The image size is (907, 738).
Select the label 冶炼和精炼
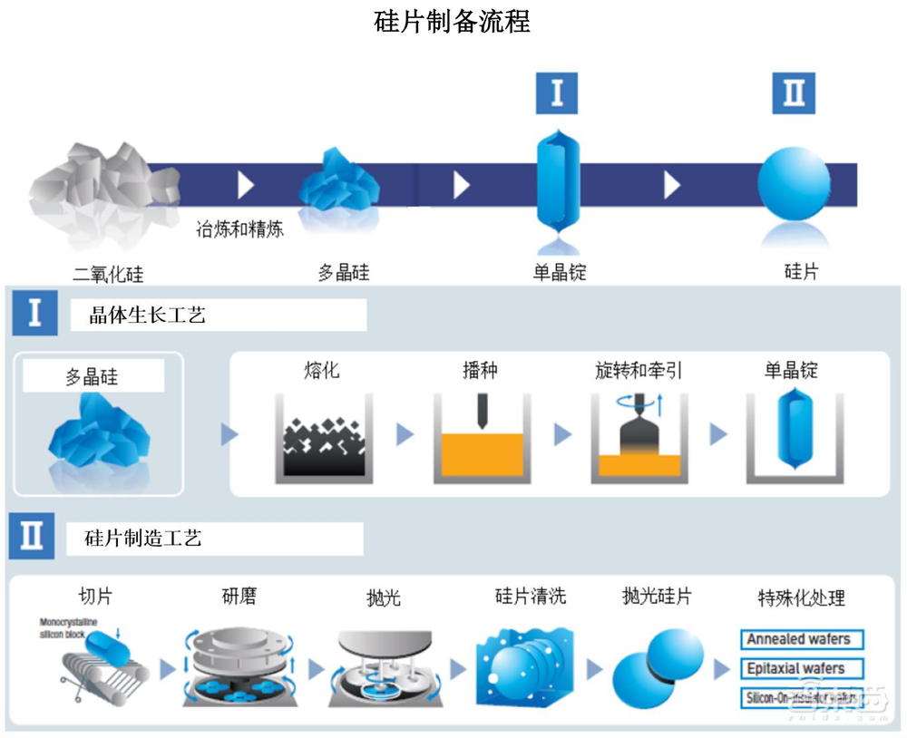(x=240, y=228)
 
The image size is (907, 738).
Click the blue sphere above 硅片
(x=794, y=183)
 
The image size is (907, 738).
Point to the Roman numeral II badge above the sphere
(x=794, y=92)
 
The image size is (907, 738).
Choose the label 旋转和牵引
(x=639, y=370)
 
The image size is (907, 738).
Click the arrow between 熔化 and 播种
(x=405, y=435)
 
